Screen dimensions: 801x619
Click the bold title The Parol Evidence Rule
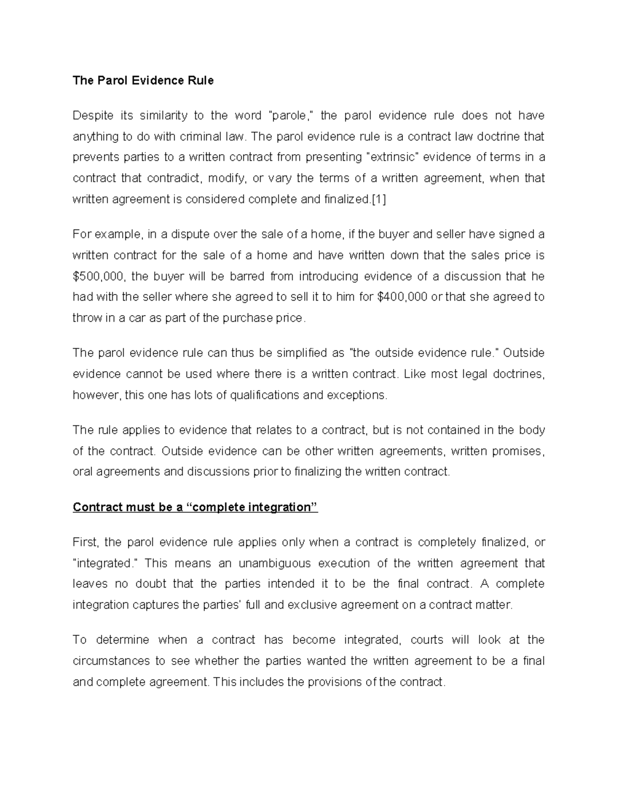coord(143,80)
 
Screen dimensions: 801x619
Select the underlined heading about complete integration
coord(196,507)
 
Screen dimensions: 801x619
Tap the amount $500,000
coord(99,276)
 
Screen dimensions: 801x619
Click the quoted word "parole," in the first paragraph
coord(289,116)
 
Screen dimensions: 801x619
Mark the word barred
coord(247,276)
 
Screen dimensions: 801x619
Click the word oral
coord(82,472)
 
